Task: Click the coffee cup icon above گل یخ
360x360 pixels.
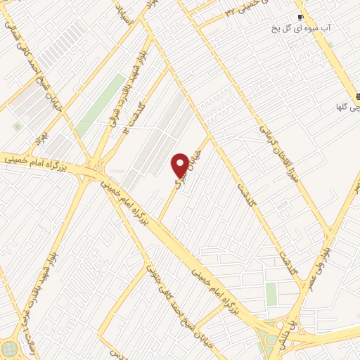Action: click(x=300, y=17)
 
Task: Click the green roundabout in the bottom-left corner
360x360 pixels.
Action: click(x=10, y=349)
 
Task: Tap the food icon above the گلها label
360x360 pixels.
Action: click(x=358, y=96)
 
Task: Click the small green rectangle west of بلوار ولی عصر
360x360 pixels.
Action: click(x=271, y=294)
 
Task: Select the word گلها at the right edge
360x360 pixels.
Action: click(x=349, y=108)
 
